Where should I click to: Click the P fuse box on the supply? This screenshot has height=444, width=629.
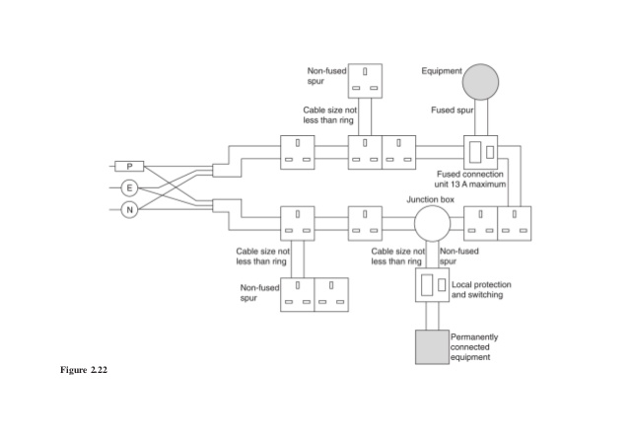[130, 166]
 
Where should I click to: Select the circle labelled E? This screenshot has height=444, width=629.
[129, 187]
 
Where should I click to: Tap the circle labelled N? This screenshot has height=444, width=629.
[129, 208]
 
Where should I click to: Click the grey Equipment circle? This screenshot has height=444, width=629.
[481, 82]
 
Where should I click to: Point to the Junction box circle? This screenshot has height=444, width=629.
[430, 223]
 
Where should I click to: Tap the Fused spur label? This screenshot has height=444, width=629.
[453, 110]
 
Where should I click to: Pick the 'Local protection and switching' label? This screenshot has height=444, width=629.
[481, 289]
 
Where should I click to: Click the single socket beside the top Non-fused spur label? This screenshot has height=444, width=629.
[365, 80]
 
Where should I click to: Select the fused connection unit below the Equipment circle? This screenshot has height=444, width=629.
[481, 152]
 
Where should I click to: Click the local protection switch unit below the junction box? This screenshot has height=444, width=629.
[431, 287]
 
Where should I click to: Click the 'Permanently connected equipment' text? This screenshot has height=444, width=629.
[473, 346]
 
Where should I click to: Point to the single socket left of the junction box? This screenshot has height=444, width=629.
[365, 222]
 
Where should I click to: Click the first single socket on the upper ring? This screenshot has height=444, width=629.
[297, 152]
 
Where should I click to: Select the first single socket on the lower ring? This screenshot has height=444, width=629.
[297, 222]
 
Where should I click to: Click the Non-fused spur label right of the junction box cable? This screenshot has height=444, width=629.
[459, 257]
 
